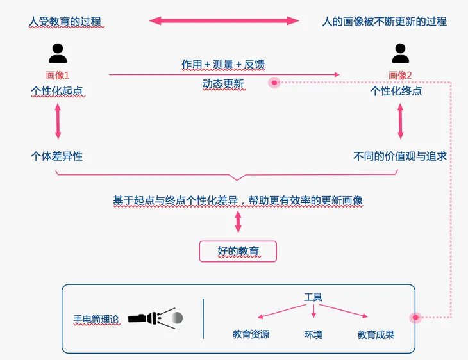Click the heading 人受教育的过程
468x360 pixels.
(65, 21)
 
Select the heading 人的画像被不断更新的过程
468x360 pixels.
(384, 21)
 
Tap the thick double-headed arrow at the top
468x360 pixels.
(224, 20)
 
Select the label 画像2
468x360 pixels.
(401, 76)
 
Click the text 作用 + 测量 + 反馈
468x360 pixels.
(223, 64)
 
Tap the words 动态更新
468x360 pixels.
(223, 85)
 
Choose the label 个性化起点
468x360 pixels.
(58, 91)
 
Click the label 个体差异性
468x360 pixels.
(57, 156)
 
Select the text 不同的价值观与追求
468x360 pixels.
(400, 156)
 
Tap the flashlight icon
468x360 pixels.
(155, 318)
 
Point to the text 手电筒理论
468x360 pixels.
(96, 318)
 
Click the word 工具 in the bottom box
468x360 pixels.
(313, 297)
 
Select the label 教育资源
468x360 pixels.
(251, 334)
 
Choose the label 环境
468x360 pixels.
(313, 334)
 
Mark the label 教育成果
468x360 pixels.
(376, 334)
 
